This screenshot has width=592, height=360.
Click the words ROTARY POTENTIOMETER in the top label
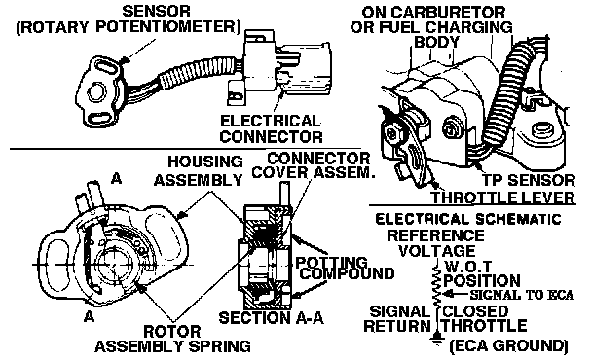(x=129, y=27)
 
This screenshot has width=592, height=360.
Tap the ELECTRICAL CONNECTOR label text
(x=271, y=128)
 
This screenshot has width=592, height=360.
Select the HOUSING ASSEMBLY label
(x=199, y=171)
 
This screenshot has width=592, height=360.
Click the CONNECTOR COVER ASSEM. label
(x=314, y=165)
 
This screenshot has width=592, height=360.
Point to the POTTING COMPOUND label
(x=345, y=268)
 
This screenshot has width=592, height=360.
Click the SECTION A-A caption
(x=272, y=318)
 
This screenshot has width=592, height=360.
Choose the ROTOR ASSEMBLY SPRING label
(x=172, y=339)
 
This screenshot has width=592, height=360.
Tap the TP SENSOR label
(x=529, y=180)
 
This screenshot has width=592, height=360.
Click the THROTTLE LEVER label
(x=503, y=198)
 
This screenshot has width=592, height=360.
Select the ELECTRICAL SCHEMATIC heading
(x=468, y=219)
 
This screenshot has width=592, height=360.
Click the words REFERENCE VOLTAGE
(x=435, y=243)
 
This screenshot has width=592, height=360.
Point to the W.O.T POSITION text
(x=482, y=274)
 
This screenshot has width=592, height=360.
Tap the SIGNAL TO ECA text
(x=522, y=295)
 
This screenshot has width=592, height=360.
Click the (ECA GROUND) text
(x=508, y=345)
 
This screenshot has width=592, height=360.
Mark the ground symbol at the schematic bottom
(x=437, y=339)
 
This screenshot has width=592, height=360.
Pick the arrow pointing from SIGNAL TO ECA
(x=456, y=295)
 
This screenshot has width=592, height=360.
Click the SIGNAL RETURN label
(x=397, y=318)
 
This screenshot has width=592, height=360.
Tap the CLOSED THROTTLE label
(x=485, y=318)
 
